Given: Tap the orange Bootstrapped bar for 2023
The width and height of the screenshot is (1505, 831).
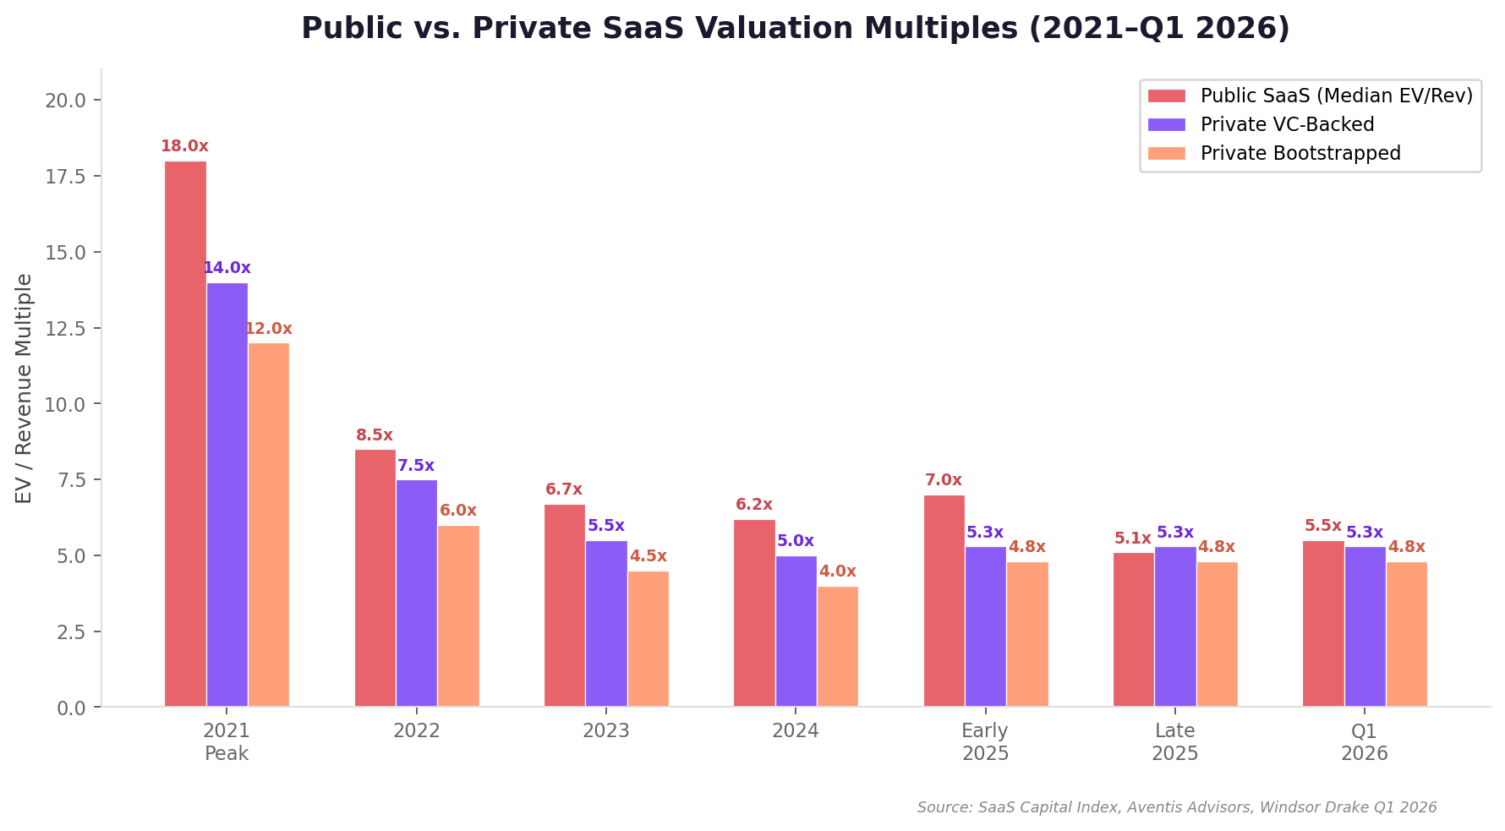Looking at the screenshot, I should pos(648,639).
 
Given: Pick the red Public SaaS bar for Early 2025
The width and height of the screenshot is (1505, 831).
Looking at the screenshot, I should pos(944,601).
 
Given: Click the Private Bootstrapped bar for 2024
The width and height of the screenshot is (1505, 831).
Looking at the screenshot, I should pos(837,647).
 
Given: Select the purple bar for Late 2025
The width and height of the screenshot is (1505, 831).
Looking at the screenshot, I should pos(1175,626).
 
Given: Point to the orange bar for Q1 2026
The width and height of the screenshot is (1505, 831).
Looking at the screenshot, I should pos(1406,634).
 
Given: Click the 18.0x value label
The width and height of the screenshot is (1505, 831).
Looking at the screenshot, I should pos(184,146).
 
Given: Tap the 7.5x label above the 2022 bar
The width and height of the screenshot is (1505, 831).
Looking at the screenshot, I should pos(416,466).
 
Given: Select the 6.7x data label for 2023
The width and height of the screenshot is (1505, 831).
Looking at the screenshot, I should pos(564,489).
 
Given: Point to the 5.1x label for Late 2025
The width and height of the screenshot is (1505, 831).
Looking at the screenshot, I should pos(1133,539).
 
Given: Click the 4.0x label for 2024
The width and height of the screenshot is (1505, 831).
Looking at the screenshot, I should pos(837,571).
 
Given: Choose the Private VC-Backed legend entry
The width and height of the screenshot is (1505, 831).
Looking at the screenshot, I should pos(1287,124).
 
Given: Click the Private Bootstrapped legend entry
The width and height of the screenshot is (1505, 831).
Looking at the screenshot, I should pos(1300,153).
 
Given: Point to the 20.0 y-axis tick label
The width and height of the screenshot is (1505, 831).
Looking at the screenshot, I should pos(66,101).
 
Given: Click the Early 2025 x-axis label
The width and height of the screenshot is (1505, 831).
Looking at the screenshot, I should pos(985,741).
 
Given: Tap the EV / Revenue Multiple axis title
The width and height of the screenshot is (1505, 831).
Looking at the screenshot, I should pos(24,388).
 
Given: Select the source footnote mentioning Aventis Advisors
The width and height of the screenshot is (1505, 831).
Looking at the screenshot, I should pos(1176,807).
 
